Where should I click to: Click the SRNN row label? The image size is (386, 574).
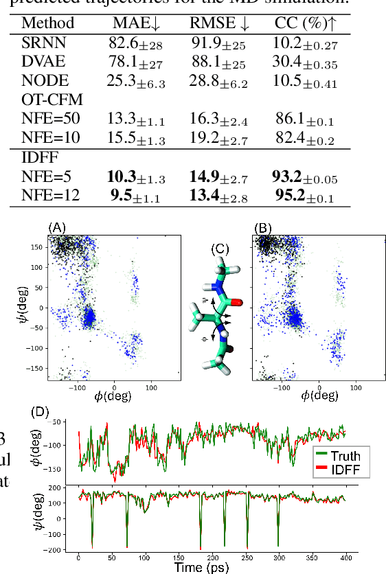[39, 45]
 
